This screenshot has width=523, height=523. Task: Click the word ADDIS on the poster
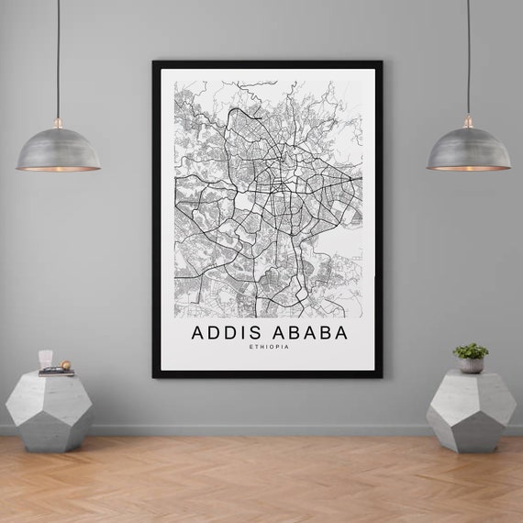tap(226, 332)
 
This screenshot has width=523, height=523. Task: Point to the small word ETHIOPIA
tap(269, 346)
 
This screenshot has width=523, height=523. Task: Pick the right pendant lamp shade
tap(468, 150)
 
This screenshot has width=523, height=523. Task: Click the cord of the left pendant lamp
tap(58, 55)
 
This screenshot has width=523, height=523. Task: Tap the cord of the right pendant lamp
tap(468, 55)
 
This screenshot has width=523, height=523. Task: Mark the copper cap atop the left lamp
tap(58, 122)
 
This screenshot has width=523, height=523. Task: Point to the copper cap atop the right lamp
tap(468, 121)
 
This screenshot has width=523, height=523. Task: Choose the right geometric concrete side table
tap(471, 409)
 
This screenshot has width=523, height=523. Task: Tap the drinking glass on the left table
tap(46, 359)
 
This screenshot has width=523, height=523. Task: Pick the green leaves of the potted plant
tap(471, 351)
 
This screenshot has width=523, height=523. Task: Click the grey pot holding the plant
tap(471, 364)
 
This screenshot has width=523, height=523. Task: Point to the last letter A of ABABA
tap(341, 332)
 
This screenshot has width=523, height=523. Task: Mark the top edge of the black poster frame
tap(267, 64)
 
